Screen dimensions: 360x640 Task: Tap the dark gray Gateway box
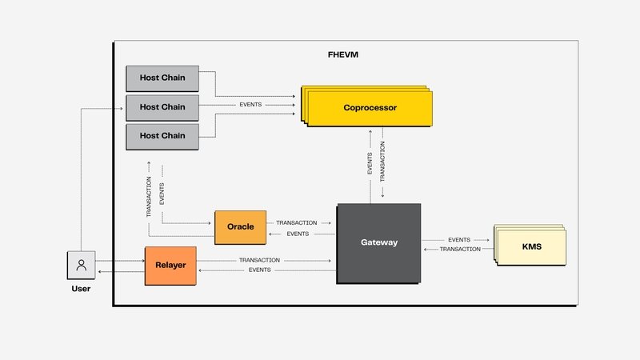click(x=379, y=242)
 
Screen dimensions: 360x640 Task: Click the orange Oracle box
click(x=240, y=227)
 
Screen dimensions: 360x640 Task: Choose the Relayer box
click(x=170, y=266)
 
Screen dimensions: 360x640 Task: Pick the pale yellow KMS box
click(x=532, y=246)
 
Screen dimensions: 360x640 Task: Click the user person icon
click(x=80, y=265)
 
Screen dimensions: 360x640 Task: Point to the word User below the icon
click(x=80, y=288)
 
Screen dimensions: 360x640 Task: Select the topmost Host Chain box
click(x=162, y=78)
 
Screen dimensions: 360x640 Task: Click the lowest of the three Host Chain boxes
click(x=162, y=136)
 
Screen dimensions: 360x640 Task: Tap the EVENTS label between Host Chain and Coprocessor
click(x=250, y=105)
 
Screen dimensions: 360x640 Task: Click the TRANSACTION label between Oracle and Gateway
click(x=296, y=222)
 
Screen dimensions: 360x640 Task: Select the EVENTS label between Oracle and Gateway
click(x=298, y=234)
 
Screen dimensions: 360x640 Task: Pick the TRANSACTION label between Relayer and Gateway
click(x=259, y=260)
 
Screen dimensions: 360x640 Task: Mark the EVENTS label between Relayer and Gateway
click(x=259, y=270)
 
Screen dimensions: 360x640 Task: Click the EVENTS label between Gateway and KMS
click(x=459, y=239)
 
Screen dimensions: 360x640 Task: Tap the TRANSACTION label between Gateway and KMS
click(x=460, y=250)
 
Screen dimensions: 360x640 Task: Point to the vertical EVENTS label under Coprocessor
click(x=370, y=164)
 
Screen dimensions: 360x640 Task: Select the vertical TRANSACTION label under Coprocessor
click(x=382, y=164)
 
